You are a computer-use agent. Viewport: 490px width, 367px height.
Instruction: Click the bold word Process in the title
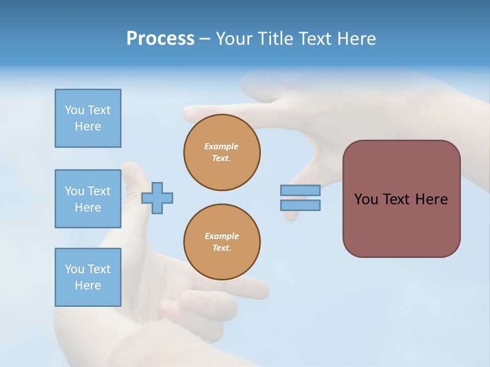pos(160,39)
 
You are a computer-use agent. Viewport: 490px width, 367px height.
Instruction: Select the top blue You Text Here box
pos(88,118)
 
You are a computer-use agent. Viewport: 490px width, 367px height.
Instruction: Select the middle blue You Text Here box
pos(88,199)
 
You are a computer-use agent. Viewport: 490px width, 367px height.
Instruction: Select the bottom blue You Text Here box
pos(88,277)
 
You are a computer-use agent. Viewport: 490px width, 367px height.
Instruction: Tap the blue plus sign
pos(157,197)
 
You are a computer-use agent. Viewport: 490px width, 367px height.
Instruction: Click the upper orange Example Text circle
pos(222,152)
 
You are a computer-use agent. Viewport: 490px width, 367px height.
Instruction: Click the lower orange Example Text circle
pos(222,242)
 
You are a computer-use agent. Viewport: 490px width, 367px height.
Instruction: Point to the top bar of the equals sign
pos(300,190)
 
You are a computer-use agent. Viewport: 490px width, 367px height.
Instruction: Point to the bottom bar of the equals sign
pos(300,205)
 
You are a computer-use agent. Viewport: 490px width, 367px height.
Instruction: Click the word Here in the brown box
pos(431,199)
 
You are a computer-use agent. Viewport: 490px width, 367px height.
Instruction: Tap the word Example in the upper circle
pos(221,146)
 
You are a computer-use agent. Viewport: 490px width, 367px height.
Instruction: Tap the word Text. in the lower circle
pos(222,248)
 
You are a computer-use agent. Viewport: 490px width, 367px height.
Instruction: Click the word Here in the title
pos(356,39)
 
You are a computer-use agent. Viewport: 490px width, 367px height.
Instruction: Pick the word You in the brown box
pos(366,199)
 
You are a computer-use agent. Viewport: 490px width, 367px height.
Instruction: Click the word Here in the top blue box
pos(88,126)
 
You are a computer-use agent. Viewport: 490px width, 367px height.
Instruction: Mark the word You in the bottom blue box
pos(74,269)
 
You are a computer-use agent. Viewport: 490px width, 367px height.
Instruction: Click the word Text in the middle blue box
pos(99,191)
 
